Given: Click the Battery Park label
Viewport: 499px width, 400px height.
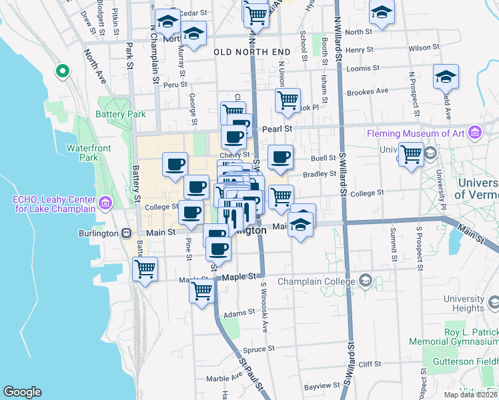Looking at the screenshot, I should click(121, 114).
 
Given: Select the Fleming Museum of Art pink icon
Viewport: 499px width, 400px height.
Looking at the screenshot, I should click(475, 133).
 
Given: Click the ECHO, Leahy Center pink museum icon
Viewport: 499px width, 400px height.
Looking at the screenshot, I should click(105, 202).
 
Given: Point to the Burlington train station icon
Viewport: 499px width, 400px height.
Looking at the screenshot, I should click(125, 233).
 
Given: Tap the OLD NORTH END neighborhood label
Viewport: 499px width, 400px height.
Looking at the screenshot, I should click(252, 51).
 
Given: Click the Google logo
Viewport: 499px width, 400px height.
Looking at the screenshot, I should click(22, 392).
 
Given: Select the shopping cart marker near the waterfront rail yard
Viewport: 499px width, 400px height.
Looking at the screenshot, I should click(145, 269).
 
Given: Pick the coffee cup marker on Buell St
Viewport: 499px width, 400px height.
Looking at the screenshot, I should click(281, 158).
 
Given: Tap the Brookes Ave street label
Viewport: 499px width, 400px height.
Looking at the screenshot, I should click(368, 91).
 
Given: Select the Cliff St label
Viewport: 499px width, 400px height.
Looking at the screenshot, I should click(369, 364).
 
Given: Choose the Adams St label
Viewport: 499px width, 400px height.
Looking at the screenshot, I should click(239, 313).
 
